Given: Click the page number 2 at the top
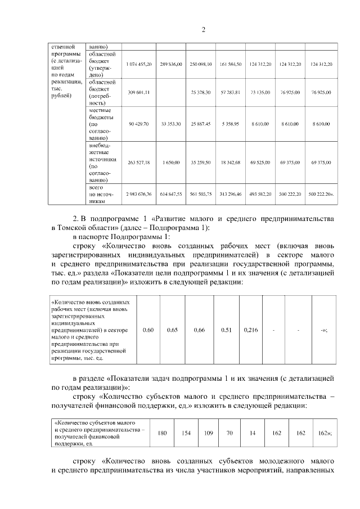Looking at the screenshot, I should pyautogui.click(x=203, y=30).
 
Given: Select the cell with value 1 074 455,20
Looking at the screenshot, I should pyautogui.click(x=139, y=65).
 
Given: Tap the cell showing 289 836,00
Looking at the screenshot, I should pyautogui.click(x=170, y=65).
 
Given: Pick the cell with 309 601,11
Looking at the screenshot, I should pyautogui.click(x=139, y=92).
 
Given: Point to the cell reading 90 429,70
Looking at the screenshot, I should pyautogui.click(x=139, y=123).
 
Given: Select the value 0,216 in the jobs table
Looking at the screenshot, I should pyautogui.click(x=251, y=330).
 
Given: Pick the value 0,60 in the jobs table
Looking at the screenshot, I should pyautogui.click(x=148, y=330).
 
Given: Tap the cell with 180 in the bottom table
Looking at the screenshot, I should pyautogui.click(x=163, y=433).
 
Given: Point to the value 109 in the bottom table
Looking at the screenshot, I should pyautogui.click(x=208, y=433).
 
